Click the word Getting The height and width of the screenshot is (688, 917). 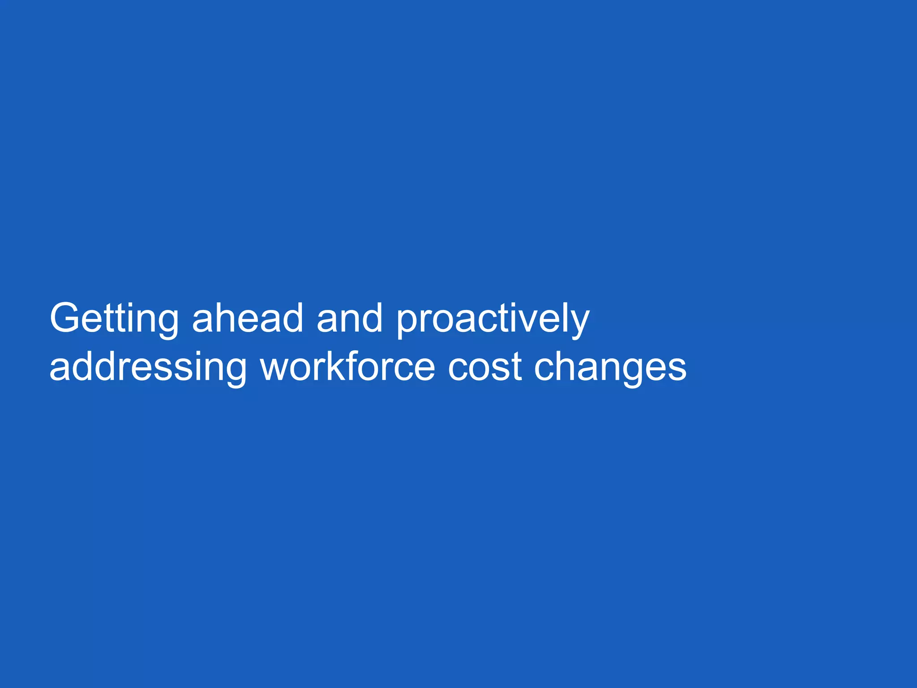[x=114, y=319]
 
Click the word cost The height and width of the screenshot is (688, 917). [x=484, y=367]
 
